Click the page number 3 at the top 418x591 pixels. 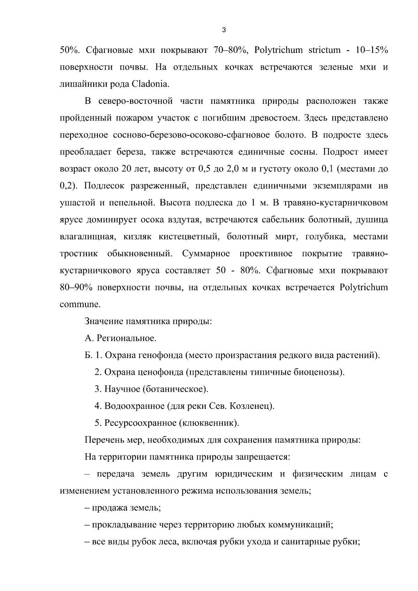(224, 30)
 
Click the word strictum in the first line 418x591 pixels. (324, 50)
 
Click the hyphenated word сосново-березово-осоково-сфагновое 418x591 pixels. (191, 135)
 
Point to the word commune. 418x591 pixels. (80, 304)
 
